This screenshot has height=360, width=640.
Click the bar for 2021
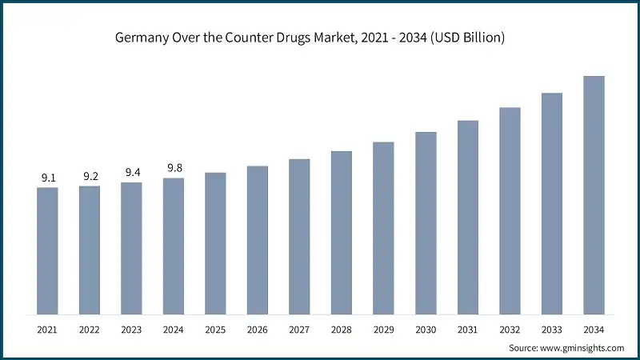47,250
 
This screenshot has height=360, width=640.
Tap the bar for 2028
342,232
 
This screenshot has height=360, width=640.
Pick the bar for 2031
468,217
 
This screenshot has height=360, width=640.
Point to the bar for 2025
215,242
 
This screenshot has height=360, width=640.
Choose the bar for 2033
552,203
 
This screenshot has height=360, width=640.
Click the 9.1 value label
47,178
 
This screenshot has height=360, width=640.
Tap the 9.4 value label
131,173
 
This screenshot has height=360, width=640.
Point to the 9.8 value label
174,168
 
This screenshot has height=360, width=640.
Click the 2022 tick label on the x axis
90,329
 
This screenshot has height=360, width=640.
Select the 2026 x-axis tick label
258,329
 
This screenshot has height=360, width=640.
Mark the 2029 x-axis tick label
384,329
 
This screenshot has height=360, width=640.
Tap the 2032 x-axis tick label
510,329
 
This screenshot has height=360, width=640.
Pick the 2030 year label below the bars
426,329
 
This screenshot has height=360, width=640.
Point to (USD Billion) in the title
465,38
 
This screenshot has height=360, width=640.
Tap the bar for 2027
299,236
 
